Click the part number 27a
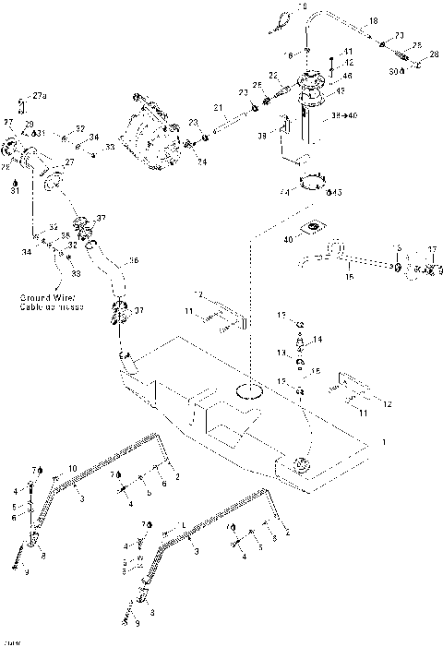tap(39, 95)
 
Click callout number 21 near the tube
tap(219, 109)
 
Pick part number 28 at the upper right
tap(434, 56)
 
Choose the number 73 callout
tap(399, 35)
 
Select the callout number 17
tap(430, 248)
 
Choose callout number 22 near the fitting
tap(273, 75)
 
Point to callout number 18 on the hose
tap(373, 19)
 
